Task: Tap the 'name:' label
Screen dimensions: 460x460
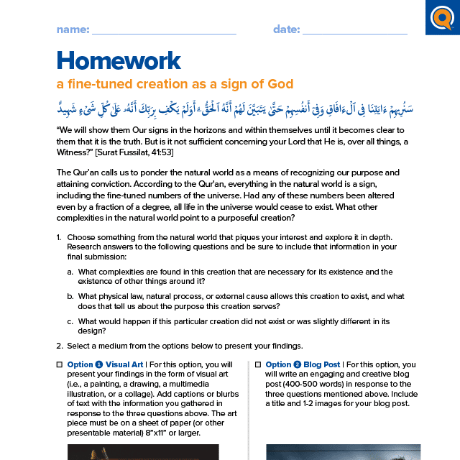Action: [73, 29]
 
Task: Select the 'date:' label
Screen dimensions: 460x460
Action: [286, 29]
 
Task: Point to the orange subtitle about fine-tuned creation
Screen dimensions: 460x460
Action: [175, 84]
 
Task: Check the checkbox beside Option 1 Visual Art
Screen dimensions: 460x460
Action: [60, 365]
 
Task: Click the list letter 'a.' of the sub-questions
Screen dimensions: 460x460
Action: [70, 272]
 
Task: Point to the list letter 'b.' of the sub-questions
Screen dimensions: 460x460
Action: [70, 296]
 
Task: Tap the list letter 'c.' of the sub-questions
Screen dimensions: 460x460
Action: [70, 321]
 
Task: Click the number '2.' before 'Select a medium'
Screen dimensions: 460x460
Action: [59, 346]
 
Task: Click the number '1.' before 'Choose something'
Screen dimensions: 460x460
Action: [59, 237]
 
